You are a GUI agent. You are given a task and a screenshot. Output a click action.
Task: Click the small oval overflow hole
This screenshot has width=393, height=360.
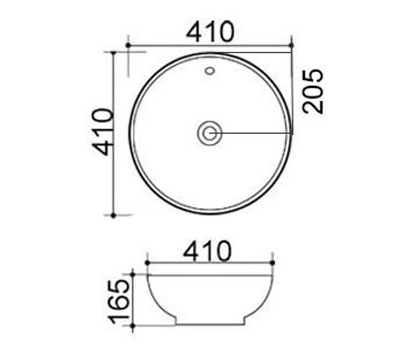[x=210, y=73]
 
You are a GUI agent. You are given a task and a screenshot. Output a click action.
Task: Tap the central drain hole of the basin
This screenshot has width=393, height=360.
[x=210, y=133]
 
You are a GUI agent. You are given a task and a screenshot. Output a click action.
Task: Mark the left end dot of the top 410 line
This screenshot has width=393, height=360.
[x=128, y=46]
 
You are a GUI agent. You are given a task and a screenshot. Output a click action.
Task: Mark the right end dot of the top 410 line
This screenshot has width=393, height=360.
[x=293, y=46]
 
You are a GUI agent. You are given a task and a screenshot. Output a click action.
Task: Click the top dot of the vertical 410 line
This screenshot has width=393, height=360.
[x=113, y=53]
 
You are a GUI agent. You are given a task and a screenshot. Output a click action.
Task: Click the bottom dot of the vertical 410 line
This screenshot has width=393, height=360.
[x=113, y=215]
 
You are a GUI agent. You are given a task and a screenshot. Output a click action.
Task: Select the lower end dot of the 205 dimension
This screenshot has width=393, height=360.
[x=293, y=133]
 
